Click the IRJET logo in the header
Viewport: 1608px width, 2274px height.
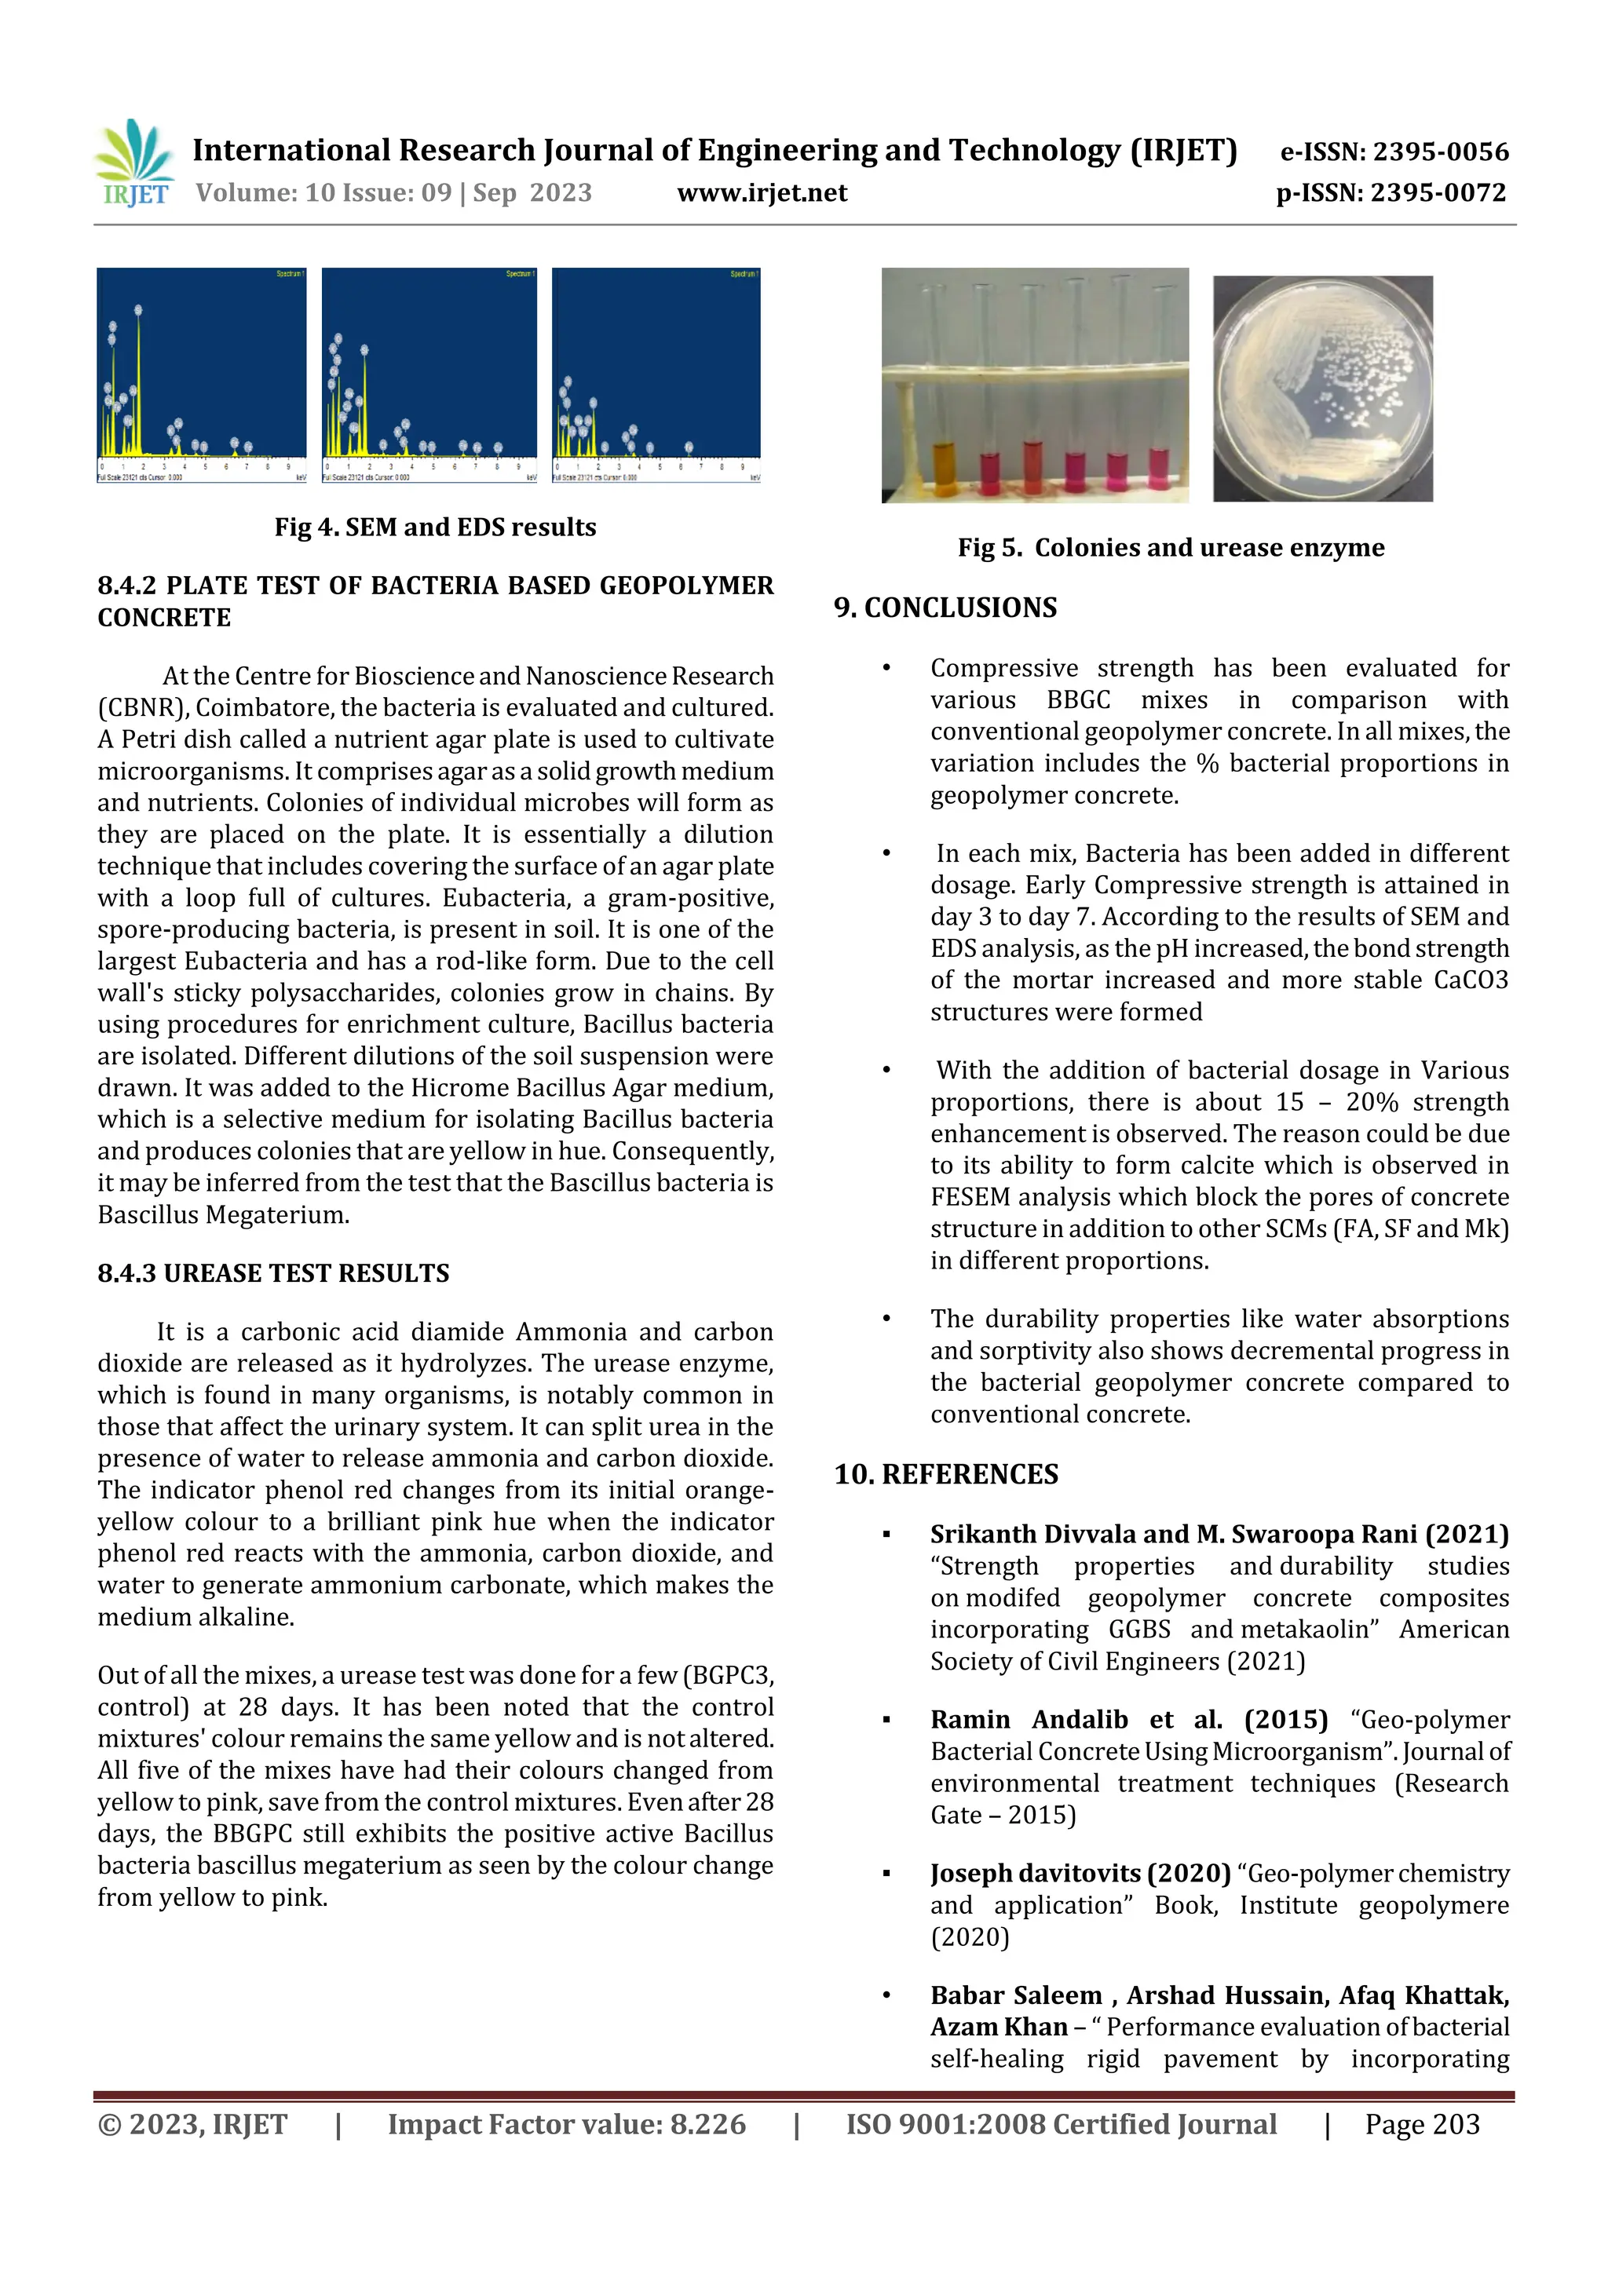pyautogui.click(x=133, y=163)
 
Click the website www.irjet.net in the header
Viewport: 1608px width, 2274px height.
pyautogui.click(x=762, y=193)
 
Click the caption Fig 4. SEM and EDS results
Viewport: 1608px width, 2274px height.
pyautogui.click(x=435, y=527)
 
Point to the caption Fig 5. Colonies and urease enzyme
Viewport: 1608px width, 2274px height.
pyautogui.click(x=1170, y=548)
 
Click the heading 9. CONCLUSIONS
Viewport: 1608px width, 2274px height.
pyautogui.click(x=945, y=607)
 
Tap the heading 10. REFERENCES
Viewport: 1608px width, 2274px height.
pyautogui.click(x=945, y=1475)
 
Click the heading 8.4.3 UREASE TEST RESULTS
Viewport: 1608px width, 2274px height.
pyautogui.click(x=273, y=1274)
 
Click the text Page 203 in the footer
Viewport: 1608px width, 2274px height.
pyautogui.click(x=1422, y=2124)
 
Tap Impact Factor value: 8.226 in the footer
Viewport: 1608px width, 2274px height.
pyautogui.click(x=566, y=2124)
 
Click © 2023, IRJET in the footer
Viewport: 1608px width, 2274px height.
pyautogui.click(x=192, y=2124)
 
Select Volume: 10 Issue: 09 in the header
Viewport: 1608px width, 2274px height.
pyautogui.click(x=323, y=193)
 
